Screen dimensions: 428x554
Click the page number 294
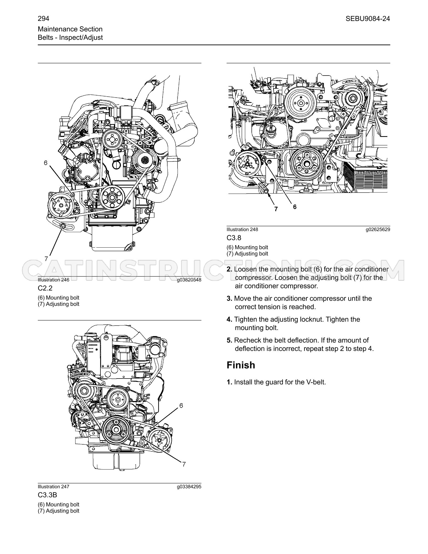pos(44,19)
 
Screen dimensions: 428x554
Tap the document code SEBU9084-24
pos(368,19)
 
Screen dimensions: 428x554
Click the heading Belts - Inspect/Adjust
pos(70,38)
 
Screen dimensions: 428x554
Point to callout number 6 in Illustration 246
pos(46,163)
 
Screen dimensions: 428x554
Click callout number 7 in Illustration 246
pos(46,259)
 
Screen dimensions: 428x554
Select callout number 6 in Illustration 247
pos(181,406)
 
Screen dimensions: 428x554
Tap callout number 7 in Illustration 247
pos(184,464)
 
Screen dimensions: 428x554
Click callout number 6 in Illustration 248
pos(295,207)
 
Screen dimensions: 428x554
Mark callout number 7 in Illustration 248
pos(276,209)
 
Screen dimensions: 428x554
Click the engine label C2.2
pos(45,288)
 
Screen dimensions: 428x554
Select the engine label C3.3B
pos(47,495)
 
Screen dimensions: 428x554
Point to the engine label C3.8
pos(234,238)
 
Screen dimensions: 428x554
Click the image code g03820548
pos(189,280)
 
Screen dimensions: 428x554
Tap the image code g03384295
pos(189,487)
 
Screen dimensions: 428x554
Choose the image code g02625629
pos(378,230)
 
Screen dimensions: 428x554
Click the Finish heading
pos(241,365)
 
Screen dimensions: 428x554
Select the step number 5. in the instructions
pos(229,340)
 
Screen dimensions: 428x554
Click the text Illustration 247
pos(53,487)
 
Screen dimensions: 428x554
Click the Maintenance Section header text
pos(70,29)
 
